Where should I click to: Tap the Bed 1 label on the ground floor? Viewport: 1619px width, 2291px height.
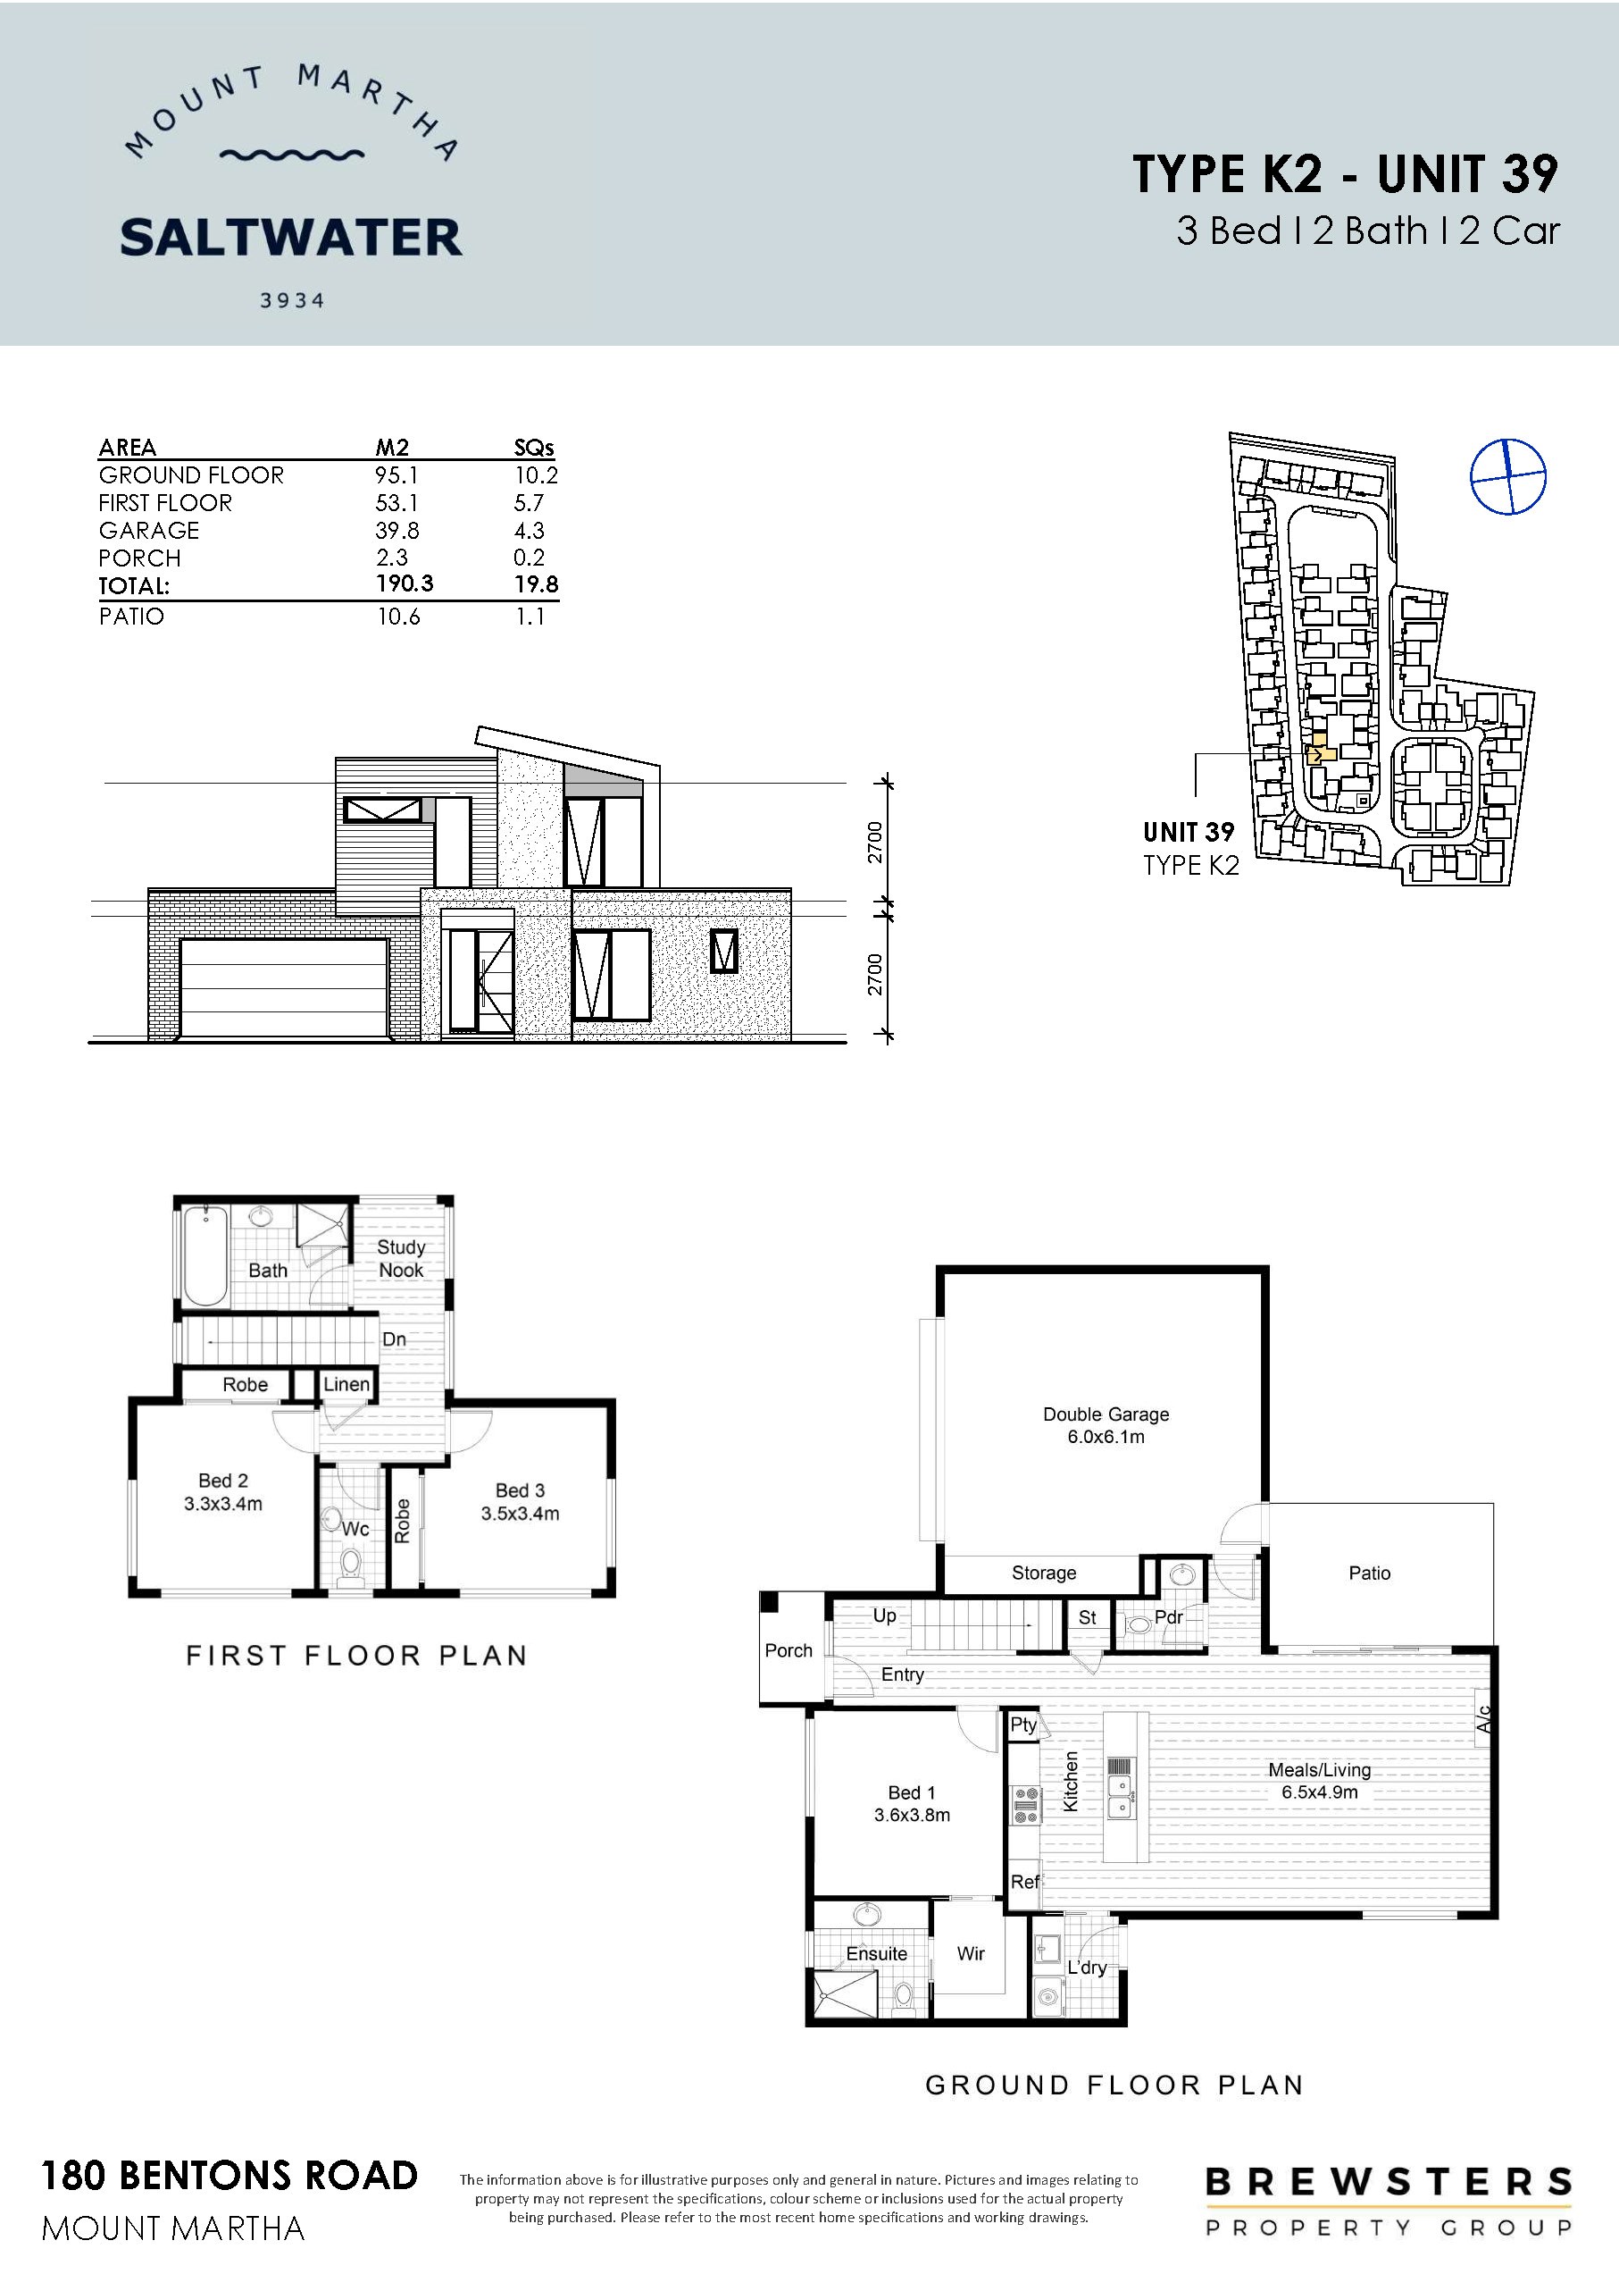coord(912,1793)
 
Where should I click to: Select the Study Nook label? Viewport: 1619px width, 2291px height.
coord(401,1258)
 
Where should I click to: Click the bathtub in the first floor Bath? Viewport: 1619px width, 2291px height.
coord(205,1255)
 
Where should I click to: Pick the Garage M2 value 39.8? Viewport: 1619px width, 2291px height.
coord(397,530)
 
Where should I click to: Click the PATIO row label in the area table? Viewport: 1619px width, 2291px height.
coord(131,617)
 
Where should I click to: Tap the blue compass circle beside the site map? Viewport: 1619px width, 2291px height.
coord(1507,477)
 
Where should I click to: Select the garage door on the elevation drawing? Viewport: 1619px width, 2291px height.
coord(283,988)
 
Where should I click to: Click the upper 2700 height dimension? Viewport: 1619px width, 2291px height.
coord(875,843)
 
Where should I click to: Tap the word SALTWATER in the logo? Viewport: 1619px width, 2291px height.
coord(291,239)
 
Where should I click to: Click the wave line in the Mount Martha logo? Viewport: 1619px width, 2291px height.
coord(291,155)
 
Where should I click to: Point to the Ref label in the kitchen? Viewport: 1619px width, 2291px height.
coord(1024,1882)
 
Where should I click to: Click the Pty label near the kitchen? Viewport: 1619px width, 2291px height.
coord(1023,1725)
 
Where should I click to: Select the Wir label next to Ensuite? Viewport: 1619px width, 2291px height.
coord(971,1954)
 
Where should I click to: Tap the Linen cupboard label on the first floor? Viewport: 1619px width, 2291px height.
coord(346,1384)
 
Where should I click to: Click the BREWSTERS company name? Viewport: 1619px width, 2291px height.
coord(1389,2182)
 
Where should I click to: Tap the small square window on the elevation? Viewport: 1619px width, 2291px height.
coord(724,951)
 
